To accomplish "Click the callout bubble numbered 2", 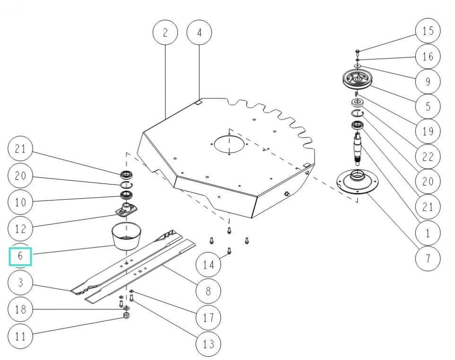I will (x=165, y=33).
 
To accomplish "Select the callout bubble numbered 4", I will (x=199, y=33).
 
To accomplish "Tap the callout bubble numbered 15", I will (x=428, y=31).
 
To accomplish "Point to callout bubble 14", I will (x=209, y=265).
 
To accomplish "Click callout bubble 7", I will (x=428, y=259).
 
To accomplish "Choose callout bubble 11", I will (x=20, y=337).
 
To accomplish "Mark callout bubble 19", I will (x=428, y=131).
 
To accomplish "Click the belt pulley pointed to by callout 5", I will (x=358, y=79).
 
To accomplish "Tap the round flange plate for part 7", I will (x=358, y=182).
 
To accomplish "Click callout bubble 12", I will (x=20, y=228).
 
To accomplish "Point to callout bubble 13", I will (x=209, y=343).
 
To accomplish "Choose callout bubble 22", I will (x=428, y=157).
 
